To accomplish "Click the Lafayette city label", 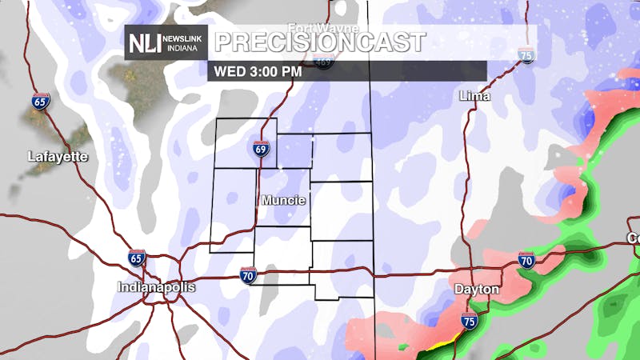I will coord(57,156).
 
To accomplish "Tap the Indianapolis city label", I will coord(156,286).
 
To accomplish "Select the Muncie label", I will coord(283,200).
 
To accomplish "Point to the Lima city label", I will coord(474,96).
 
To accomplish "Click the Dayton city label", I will coord(476,289).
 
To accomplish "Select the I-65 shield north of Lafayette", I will coord(41,102).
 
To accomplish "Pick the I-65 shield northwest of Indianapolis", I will coord(137,258).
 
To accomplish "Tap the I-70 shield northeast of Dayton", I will coord(526,259).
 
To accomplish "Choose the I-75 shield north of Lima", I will coord(526,55).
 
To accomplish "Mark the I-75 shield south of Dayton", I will coord(469,322).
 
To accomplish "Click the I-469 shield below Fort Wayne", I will coord(323,63).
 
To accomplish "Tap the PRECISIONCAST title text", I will coord(320,41).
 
